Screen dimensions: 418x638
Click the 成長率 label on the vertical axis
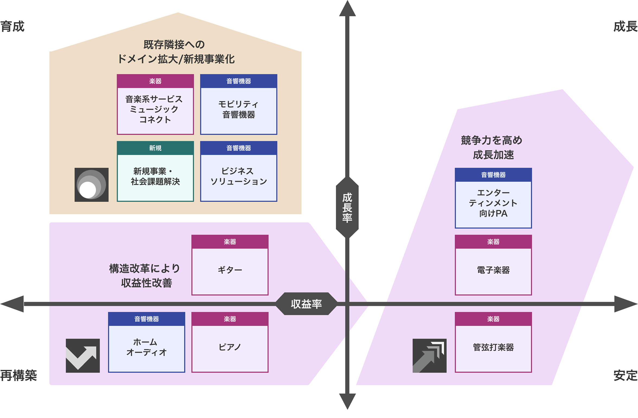point(347,208)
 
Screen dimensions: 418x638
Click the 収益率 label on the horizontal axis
point(306,304)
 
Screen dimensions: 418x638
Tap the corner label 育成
point(12,27)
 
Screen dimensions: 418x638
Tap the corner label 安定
point(625,375)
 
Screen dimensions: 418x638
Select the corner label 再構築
point(18,375)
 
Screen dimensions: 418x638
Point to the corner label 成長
point(625,27)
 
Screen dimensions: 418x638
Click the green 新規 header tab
point(155,148)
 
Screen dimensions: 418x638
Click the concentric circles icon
point(91,185)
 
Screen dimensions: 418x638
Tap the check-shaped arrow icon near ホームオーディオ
point(83,356)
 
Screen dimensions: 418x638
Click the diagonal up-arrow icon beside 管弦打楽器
point(429,356)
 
